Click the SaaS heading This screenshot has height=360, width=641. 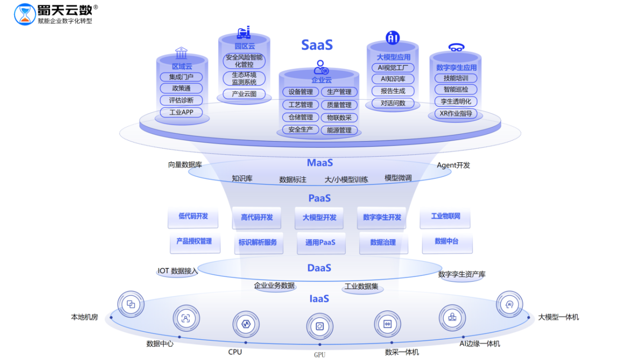click(x=317, y=45)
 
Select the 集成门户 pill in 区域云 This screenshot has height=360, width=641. click(x=181, y=77)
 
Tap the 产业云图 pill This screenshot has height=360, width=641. click(x=244, y=94)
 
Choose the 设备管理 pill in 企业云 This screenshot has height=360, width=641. click(x=300, y=92)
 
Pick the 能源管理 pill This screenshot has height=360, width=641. click(x=339, y=130)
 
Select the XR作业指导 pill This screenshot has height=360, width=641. click(x=455, y=114)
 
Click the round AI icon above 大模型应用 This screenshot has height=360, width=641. click(x=393, y=37)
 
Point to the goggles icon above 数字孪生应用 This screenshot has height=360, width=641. click(x=456, y=48)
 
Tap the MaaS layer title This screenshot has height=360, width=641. click(x=319, y=163)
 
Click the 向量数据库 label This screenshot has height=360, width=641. click(x=185, y=165)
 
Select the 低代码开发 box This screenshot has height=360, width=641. click(x=193, y=216)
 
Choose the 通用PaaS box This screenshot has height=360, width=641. click(x=320, y=242)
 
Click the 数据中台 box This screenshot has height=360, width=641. click(x=446, y=242)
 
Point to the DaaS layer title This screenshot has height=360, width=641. click(x=319, y=268)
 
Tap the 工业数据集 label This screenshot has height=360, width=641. click(x=361, y=287)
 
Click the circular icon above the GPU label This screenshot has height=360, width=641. click(x=319, y=326)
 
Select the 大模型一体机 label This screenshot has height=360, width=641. click(x=558, y=318)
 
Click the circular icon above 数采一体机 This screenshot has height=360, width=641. click(x=387, y=324)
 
